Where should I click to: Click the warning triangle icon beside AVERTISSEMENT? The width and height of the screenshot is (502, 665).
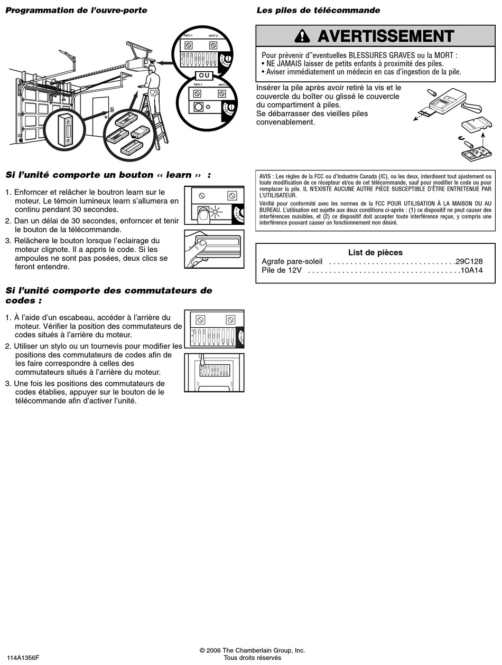pyautogui.click(x=302, y=36)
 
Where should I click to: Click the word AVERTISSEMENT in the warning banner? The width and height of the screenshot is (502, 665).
pyautogui.click(x=386, y=36)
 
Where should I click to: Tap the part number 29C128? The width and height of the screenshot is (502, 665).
pyautogui.click(x=470, y=262)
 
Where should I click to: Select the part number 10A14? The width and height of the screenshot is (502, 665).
pyautogui.click(x=471, y=271)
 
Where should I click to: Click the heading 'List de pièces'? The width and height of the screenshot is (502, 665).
pyautogui.click(x=375, y=252)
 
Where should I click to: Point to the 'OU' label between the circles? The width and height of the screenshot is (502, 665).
pyautogui.click(x=204, y=75)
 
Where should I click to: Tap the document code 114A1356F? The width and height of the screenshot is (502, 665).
pyautogui.click(x=23, y=658)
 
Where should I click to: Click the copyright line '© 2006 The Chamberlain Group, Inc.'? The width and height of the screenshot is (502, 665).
pyautogui.click(x=252, y=650)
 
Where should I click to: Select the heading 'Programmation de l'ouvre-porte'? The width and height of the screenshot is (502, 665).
pyautogui.click(x=76, y=11)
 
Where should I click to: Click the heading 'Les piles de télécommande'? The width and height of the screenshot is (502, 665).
pyautogui.click(x=318, y=11)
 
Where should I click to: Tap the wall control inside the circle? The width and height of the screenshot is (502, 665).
pyautogui.click(x=65, y=129)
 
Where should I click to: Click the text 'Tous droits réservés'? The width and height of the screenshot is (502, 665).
pyautogui.click(x=252, y=658)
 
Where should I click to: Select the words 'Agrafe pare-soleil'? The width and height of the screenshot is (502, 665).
pyautogui.click(x=292, y=262)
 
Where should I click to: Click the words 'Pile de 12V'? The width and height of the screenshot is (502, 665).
pyautogui.click(x=282, y=271)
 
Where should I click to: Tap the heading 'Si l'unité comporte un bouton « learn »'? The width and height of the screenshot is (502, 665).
pyautogui.click(x=108, y=175)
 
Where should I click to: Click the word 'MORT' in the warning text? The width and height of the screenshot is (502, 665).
pyautogui.click(x=444, y=55)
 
